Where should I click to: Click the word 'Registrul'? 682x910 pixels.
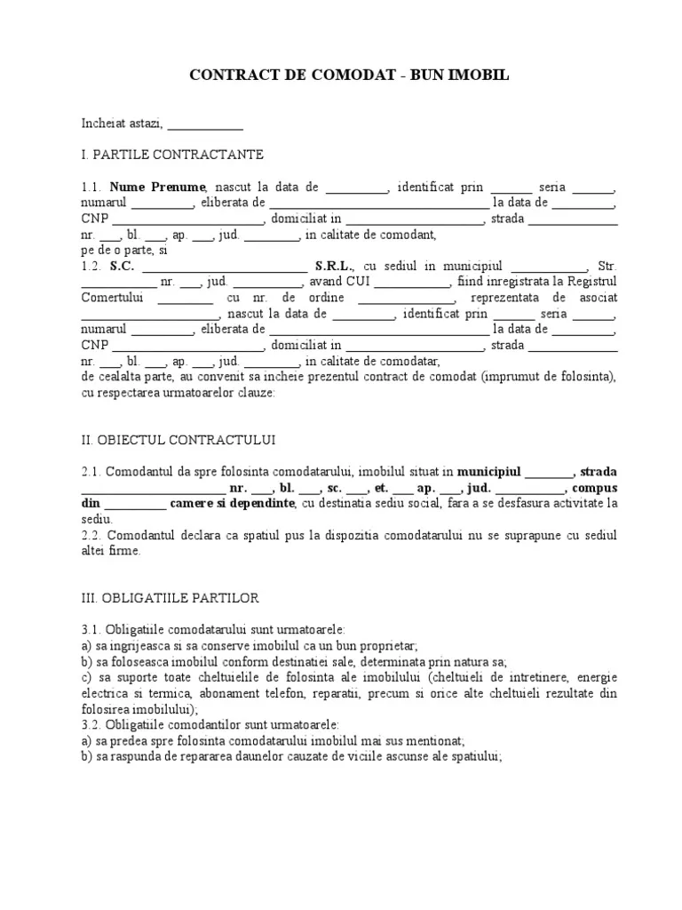(x=591, y=282)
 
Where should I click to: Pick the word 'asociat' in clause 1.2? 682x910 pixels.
(x=598, y=298)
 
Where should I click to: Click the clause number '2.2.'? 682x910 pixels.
(x=92, y=535)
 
